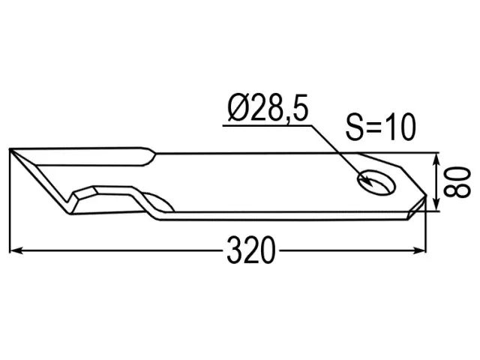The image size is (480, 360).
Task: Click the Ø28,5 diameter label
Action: tap(268, 109)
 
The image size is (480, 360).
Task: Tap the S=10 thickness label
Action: tap(381, 127)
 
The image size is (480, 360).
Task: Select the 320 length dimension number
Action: tap(251, 250)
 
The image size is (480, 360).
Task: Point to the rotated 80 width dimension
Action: tap(457, 182)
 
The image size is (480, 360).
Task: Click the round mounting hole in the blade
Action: tap(376, 182)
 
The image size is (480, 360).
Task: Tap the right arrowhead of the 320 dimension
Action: tap(419, 250)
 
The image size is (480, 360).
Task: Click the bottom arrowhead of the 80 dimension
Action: tap(436, 204)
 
